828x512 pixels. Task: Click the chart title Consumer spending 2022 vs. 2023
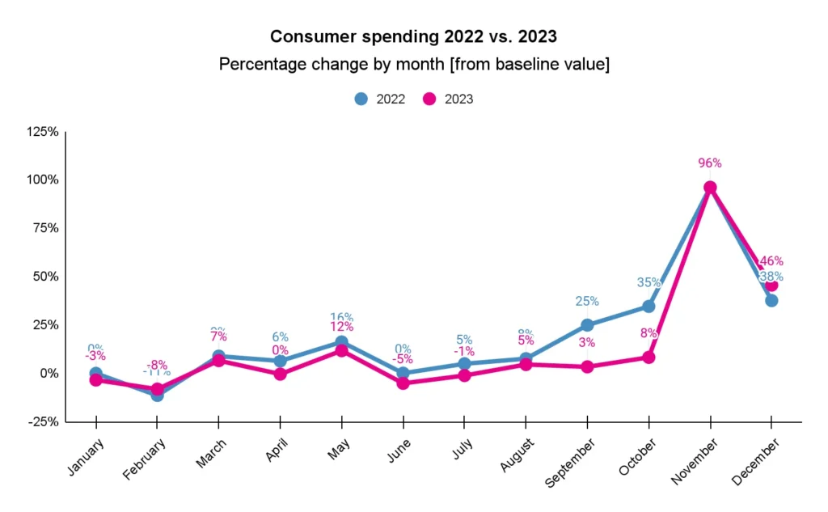(x=413, y=36)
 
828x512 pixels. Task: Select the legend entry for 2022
(x=380, y=99)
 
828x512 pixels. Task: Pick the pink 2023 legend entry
(x=449, y=99)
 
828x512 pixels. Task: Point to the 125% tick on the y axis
(x=42, y=131)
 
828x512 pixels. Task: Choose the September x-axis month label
(x=572, y=463)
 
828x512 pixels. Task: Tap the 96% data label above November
(x=709, y=163)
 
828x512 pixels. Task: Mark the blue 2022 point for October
(x=648, y=306)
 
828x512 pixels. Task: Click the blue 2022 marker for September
(x=587, y=325)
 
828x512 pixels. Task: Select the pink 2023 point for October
(x=648, y=357)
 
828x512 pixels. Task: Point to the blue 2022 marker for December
(x=771, y=300)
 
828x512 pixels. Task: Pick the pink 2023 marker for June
(x=403, y=383)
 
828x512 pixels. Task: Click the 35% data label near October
(x=648, y=282)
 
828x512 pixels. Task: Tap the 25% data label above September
(x=587, y=301)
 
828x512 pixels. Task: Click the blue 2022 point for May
(x=341, y=342)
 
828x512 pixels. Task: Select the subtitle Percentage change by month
(x=413, y=64)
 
